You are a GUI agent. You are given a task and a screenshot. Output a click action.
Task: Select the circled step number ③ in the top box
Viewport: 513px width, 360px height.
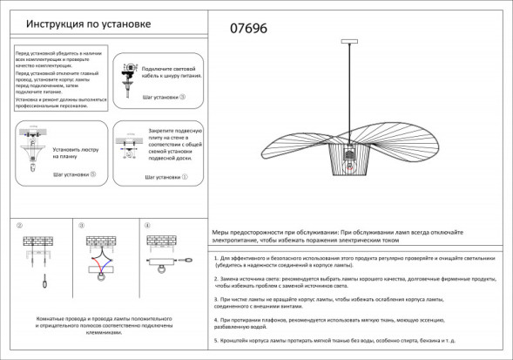183,98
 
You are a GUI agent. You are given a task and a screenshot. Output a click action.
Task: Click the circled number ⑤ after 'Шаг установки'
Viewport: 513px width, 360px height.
93,174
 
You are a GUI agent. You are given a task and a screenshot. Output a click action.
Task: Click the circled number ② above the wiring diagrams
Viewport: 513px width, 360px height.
18,227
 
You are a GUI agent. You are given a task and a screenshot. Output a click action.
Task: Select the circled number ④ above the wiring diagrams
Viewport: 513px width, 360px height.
147,227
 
